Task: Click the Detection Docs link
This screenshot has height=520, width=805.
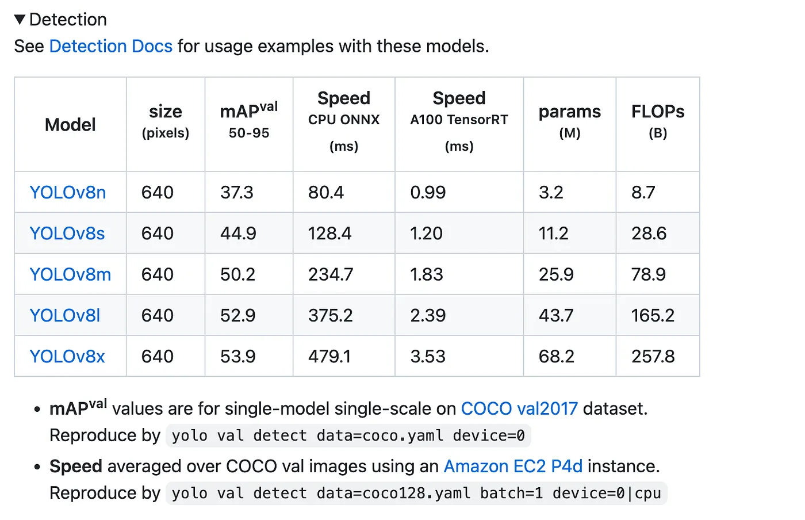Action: tap(110, 46)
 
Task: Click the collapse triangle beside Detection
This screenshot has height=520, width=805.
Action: tap(20, 20)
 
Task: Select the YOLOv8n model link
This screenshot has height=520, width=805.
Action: tap(67, 192)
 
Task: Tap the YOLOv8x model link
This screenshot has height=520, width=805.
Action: tap(67, 356)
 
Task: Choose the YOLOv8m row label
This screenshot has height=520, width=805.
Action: tap(70, 274)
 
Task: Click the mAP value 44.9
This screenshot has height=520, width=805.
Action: tap(237, 233)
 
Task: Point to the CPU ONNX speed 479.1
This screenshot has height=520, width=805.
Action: tap(329, 356)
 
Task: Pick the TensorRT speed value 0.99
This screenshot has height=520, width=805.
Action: tap(428, 192)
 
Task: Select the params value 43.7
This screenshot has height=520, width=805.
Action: tap(556, 315)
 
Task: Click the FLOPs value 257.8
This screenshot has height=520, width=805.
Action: tap(653, 356)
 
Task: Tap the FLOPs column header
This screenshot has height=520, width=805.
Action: tap(658, 112)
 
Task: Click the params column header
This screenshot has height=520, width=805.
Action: tap(569, 112)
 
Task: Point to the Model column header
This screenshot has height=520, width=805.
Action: tap(70, 124)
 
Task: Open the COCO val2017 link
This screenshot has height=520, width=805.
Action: tap(519, 408)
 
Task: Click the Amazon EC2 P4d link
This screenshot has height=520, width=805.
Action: tap(513, 466)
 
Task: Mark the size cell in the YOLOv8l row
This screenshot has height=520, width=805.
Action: tap(158, 315)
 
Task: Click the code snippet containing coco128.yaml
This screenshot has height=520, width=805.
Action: tap(416, 493)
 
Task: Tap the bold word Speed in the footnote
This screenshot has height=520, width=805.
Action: tap(75, 466)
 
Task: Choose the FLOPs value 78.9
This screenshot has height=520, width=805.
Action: tap(648, 274)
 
